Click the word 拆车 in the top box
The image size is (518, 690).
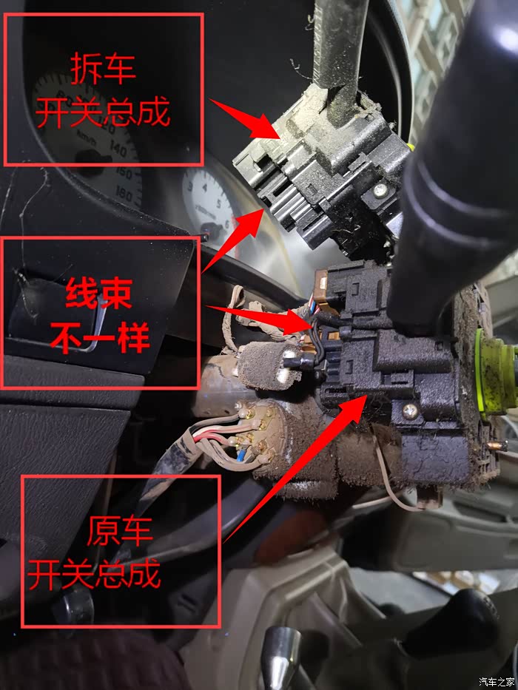point(103,69)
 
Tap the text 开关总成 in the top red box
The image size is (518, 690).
point(103,112)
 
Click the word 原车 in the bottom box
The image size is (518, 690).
point(120,531)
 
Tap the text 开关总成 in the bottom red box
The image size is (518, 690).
point(94,574)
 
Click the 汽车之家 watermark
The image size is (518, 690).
point(497,682)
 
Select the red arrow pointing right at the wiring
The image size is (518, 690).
point(260,318)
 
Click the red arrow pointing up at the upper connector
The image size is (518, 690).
point(233,240)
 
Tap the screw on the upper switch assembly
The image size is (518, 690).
point(380,189)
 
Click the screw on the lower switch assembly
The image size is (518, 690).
point(410,411)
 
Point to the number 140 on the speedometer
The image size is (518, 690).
point(119,149)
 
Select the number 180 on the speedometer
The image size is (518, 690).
point(124,194)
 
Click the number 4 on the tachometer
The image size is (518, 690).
point(204,187)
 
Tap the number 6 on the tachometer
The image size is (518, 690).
point(228,224)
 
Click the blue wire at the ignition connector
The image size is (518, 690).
point(240,456)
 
